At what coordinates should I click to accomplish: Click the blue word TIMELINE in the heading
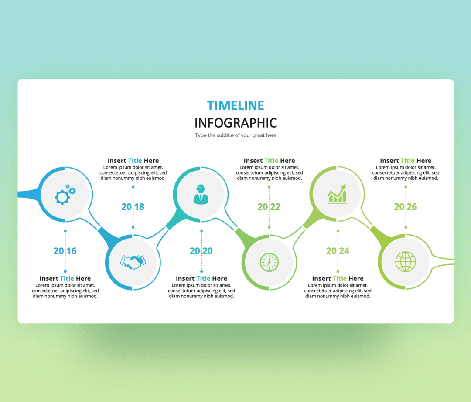235,105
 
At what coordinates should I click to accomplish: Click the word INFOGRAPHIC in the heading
235,123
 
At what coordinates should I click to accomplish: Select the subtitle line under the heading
235,135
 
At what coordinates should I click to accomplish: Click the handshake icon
133,262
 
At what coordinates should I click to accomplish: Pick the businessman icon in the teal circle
201,194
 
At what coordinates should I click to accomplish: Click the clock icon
269,262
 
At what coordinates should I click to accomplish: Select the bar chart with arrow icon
337,194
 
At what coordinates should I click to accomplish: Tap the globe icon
406,262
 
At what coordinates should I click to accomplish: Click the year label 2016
65,251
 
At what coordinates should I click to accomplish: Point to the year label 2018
133,207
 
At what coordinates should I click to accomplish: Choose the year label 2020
201,251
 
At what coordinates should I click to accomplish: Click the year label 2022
269,207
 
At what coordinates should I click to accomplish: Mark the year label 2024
338,251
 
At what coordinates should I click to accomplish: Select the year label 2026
406,207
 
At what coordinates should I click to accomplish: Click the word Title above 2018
135,161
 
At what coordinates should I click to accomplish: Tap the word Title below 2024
339,279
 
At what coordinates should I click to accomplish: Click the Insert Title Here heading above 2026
406,161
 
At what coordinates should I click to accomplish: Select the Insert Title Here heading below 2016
65,279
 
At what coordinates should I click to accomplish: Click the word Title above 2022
271,161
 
